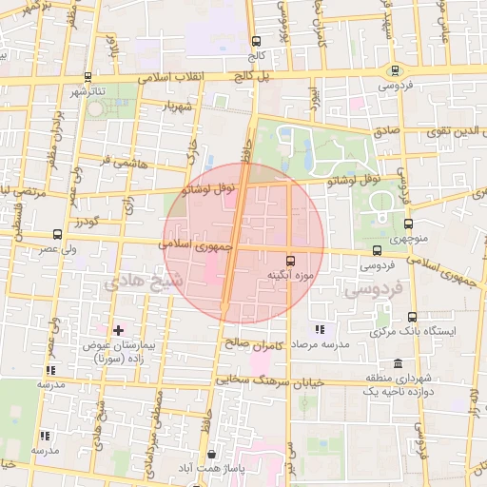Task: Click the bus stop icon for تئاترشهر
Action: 88,77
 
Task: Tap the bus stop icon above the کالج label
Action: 255,41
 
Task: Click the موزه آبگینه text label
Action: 289,276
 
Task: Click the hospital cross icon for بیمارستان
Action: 118,331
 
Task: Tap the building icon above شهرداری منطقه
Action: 396,363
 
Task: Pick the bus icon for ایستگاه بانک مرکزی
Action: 411,318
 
